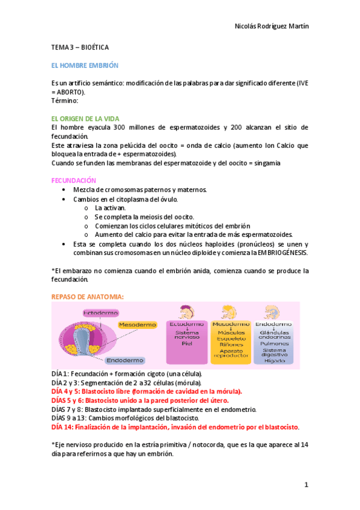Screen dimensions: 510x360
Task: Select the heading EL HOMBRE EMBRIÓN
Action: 85,65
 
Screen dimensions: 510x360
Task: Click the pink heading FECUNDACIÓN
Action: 74,180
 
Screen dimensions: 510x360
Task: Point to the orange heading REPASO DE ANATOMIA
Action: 88,296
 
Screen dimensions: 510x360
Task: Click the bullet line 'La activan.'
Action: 111,207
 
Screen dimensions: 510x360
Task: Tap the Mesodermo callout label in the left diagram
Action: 137,325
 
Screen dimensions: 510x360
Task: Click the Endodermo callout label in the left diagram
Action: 125,360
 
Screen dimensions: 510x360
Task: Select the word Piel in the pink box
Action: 186,343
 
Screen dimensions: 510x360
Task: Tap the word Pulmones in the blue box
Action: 274,343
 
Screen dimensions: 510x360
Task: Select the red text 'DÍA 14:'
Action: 65,427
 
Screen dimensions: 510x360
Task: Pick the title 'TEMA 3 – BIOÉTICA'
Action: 80,46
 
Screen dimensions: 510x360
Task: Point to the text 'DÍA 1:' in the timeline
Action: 61,374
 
